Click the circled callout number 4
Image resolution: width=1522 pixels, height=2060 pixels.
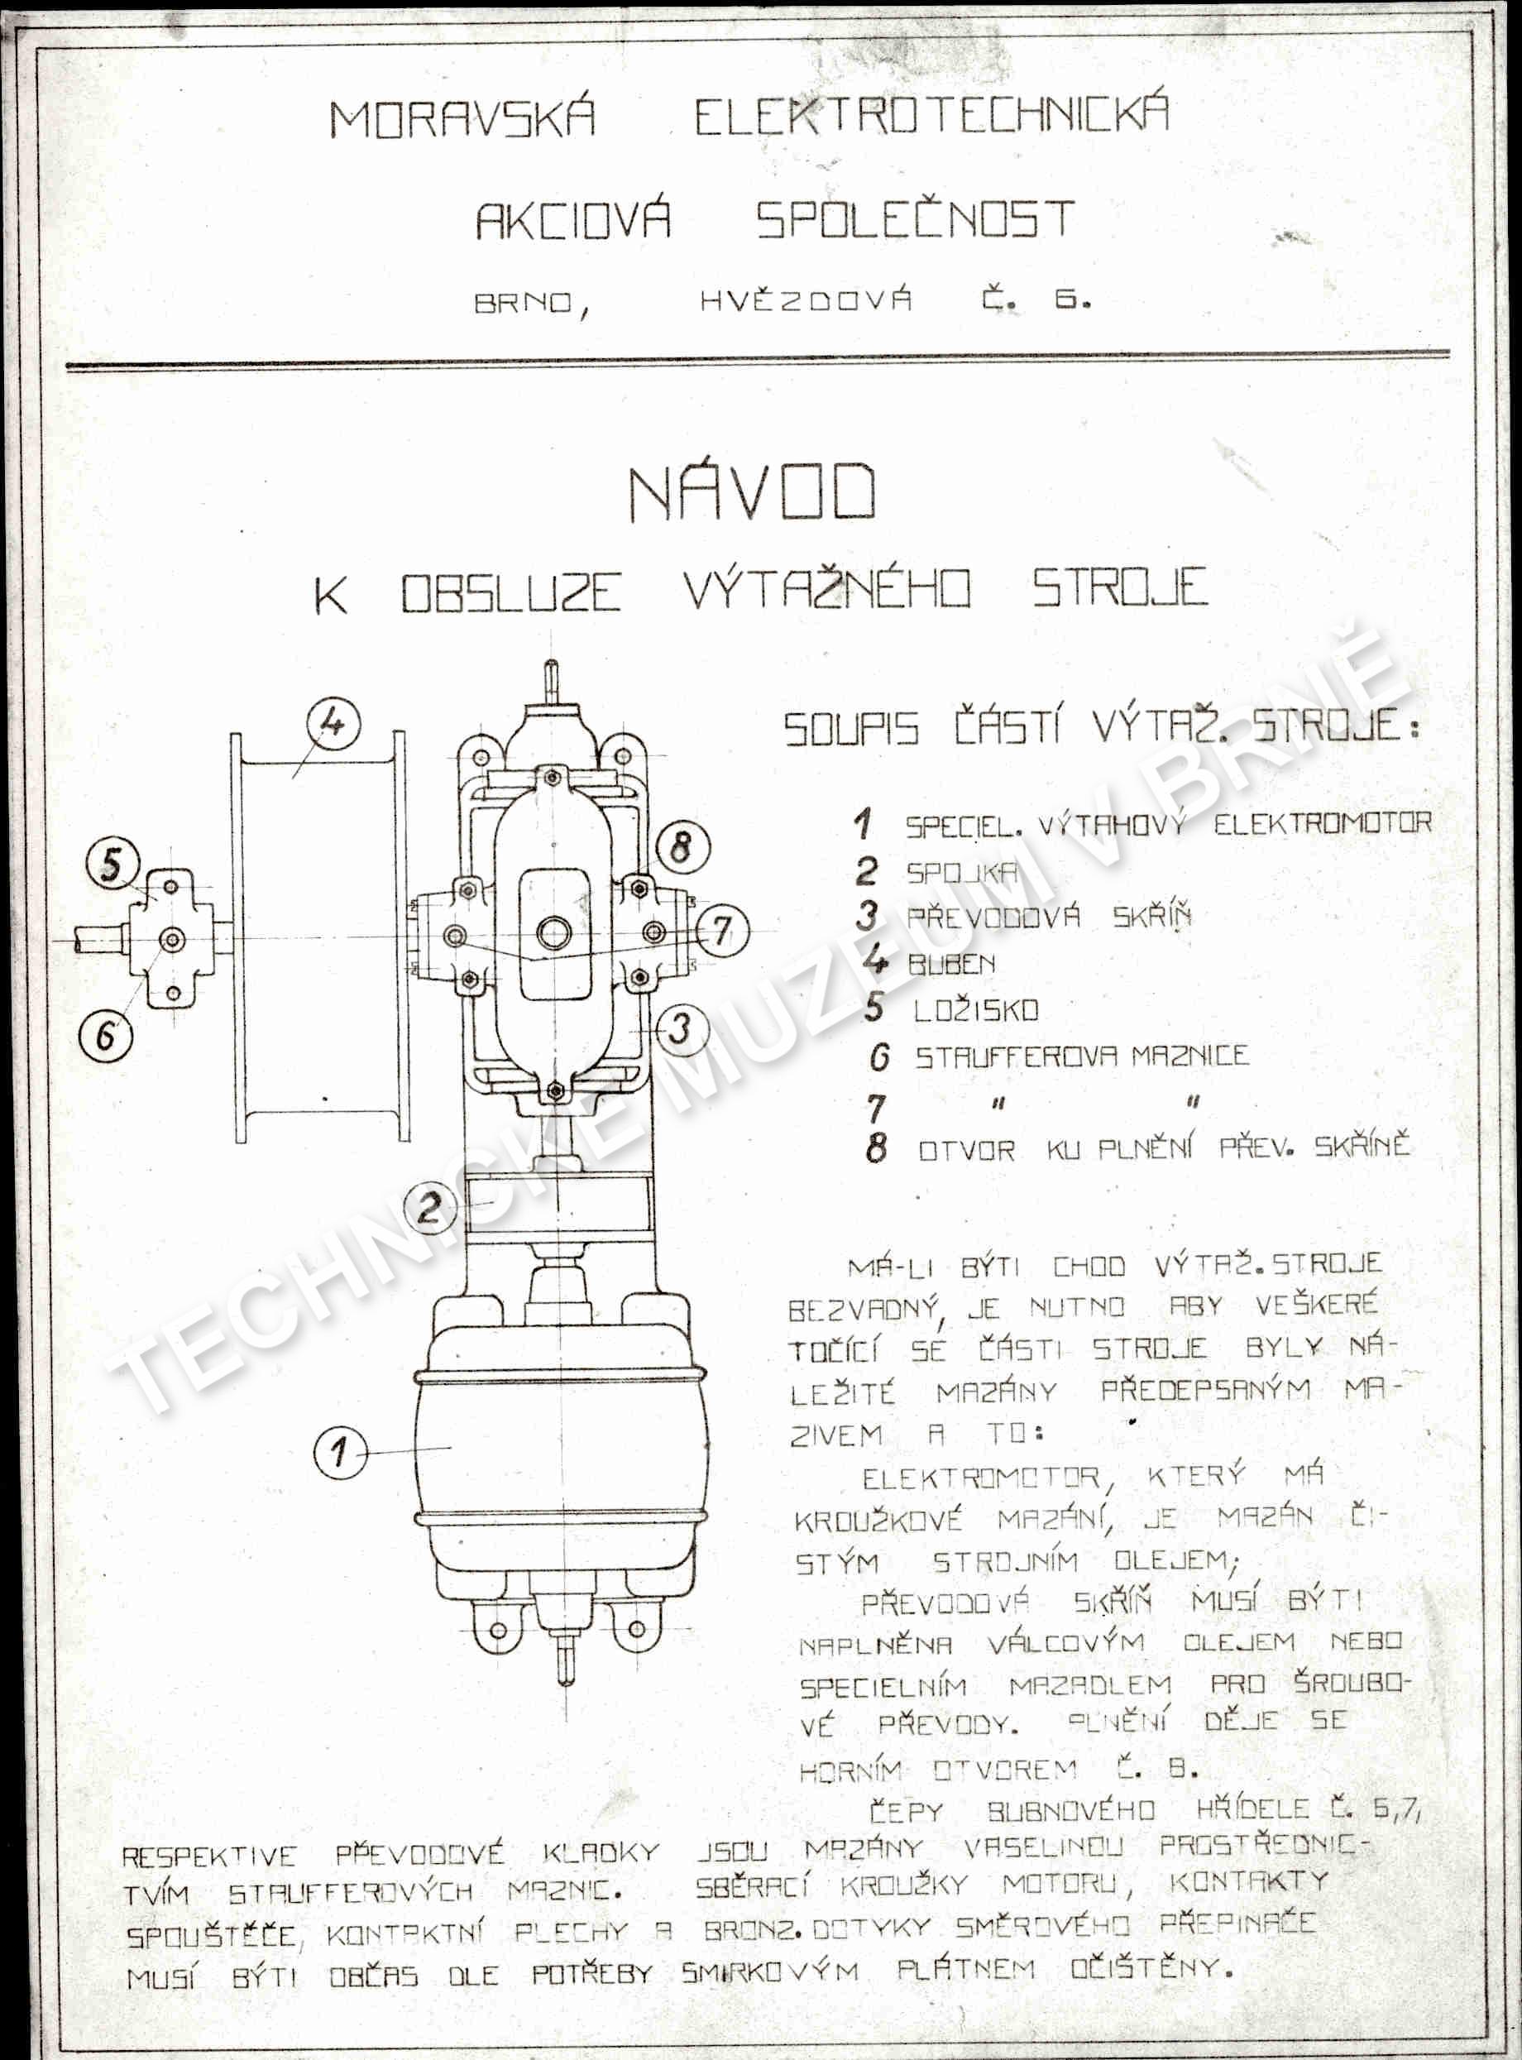pyautogui.click(x=333, y=722)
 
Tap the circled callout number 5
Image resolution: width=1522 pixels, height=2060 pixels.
pyautogui.click(x=112, y=865)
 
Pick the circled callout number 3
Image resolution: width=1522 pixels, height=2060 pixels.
pyautogui.click(x=682, y=1028)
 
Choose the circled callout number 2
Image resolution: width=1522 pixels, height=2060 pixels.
pyautogui.click(x=429, y=1208)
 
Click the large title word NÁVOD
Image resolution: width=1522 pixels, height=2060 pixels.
pyautogui.click(x=752, y=494)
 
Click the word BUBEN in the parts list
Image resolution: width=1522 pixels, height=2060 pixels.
pyautogui.click(x=952, y=965)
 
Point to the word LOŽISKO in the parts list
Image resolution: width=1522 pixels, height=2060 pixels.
pyautogui.click(x=976, y=1011)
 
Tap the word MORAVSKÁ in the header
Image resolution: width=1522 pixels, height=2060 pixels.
pyautogui.click(x=462, y=120)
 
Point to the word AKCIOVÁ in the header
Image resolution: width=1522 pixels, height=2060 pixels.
pyautogui.click(x=573, y=222)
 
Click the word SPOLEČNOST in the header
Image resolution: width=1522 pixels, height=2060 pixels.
pyautogui.click(x=916, y=220)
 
